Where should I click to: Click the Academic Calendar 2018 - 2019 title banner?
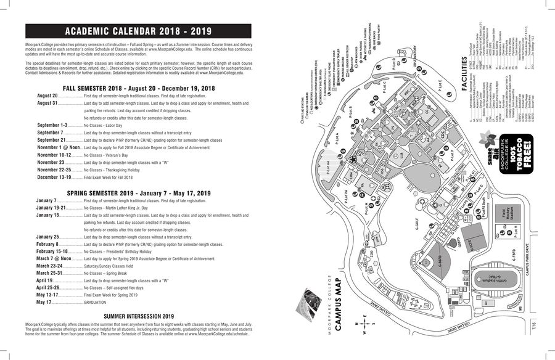click(138, 31)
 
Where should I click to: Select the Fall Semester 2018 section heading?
click(138, 88)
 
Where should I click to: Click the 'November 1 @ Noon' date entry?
click(59, 147)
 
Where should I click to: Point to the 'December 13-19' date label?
click(54, 177)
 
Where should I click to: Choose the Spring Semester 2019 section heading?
click(139, 193)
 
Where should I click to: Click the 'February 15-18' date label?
click(52, 252)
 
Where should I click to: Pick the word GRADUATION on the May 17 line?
click(96, 303)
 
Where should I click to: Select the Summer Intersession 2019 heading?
click(139, 316)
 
